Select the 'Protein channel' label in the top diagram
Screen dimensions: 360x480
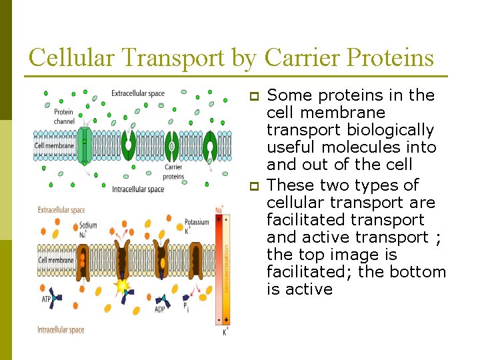pyautogui.click(x=63, y=116)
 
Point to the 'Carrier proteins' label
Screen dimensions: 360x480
pyautogui.click(x=174, y=171)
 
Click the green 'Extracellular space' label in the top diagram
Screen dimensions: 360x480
pyautogui.click(x=137, y=93)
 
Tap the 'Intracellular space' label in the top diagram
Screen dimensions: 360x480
pyautogui.click(x=137, y=189)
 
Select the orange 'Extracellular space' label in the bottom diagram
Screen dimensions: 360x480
pyautogui.click(x=61, y=210)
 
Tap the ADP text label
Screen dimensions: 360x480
pyautogui.click(x=160, y=309)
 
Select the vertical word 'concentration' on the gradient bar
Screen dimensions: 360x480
pyautogui.click(x=225, y=267)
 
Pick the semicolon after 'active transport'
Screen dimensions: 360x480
pyautogui.click(x=437, y=238)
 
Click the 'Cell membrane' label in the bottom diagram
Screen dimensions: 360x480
pyautogui.click(x=55, y=260)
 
